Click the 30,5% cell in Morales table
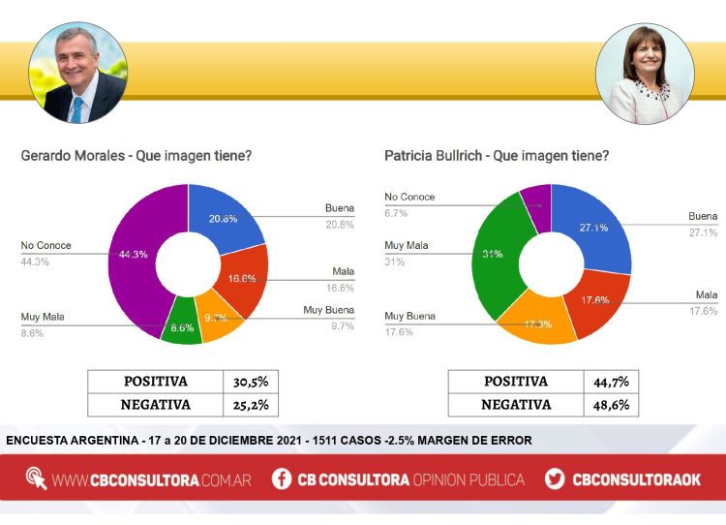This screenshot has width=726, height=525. (x=250, y=382)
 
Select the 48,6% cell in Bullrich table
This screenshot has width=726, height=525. (x=610, y=405)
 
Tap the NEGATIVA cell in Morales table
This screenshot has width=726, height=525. (x=155, y=405)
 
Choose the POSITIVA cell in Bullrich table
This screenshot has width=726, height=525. (x=516, y=382)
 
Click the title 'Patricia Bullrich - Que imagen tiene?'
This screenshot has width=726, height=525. (x=497, y=155)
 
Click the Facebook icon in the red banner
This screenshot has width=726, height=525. (x=282, y=479)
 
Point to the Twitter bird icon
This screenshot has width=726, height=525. (x=555, y=479)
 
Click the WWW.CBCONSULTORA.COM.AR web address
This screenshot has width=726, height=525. (x=153, y=479)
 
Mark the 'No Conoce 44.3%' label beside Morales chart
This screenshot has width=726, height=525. (x=46, y=252)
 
